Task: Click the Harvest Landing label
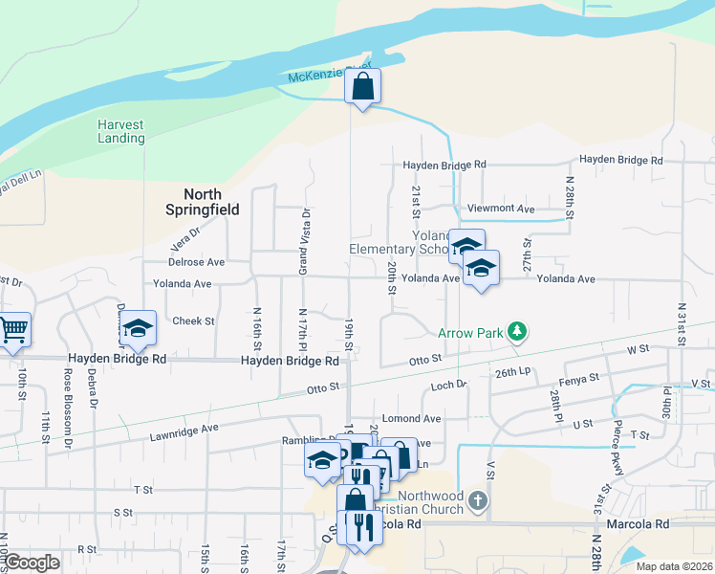coord(121,131)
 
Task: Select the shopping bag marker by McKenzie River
coord(362,87)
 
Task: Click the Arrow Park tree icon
coord(517,332)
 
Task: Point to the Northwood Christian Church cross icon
coord(479,499)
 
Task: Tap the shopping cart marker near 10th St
coord(12,331)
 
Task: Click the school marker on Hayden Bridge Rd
coord(139,331)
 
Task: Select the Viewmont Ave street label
coord(499,208)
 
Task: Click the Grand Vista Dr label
coord(305,241)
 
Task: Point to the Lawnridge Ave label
coord(184,429)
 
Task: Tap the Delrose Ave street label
coord(196,261)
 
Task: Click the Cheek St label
coord(193,320)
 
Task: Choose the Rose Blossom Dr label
coord(68,408)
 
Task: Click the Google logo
coord(32,562)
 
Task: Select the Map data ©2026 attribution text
coord(675,565)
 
